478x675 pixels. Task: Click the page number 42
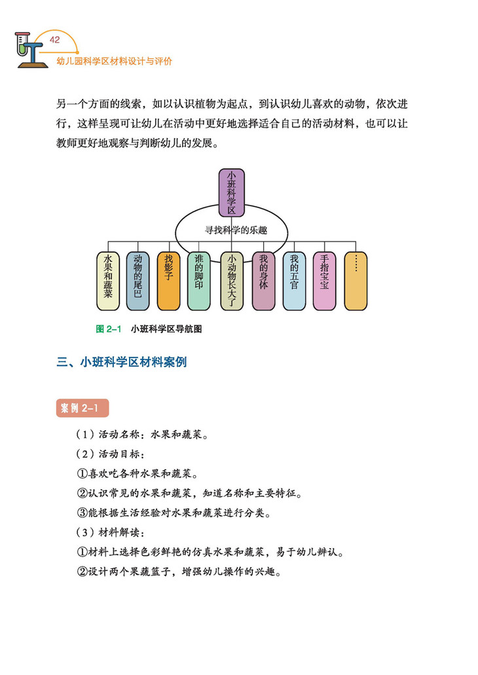[x=55, y=40]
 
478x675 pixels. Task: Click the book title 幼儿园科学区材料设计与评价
[x=115, y=61]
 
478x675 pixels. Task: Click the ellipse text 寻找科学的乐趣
[x=231, y=230]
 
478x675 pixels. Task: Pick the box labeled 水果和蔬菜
[x=108, y=281]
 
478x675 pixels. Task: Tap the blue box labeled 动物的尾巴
[x=138, y=281]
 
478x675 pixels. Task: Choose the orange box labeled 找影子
[x=169, y=281]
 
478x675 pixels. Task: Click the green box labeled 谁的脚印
[x=199, y=281]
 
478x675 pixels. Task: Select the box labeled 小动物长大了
[x=231, y=281]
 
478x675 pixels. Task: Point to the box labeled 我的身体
[x=263, y=281]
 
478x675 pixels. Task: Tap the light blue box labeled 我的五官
[x=294, y=281]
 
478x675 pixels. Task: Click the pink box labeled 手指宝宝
[x=324, y=281]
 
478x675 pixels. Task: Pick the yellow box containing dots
[x=355, y=281]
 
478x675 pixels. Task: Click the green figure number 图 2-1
[x=109, y=329]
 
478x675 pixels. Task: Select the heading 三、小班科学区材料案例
[x=122, y=361]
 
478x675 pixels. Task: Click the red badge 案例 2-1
[x=83, y=408]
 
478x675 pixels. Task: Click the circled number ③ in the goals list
[x=83, y=511]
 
